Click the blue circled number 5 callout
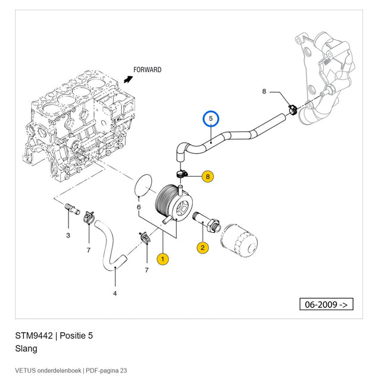[211, 118]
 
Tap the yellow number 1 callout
[163, 259]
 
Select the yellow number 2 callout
[202, 248]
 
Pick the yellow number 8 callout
[208, 177]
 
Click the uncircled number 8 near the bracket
[264, 91]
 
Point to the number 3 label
[68, 235]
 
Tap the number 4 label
[115, 293]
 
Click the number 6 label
[139, 207]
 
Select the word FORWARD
[147, 70]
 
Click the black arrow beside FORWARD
[128, 79]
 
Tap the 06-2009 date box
[326, 304]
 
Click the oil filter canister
[239, 240]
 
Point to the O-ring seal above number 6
[143, 186]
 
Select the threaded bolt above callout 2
[207, 222]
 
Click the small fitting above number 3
[72, 209]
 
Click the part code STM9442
[34, 336]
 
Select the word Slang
[26, 349]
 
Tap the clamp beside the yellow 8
[182, 174]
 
